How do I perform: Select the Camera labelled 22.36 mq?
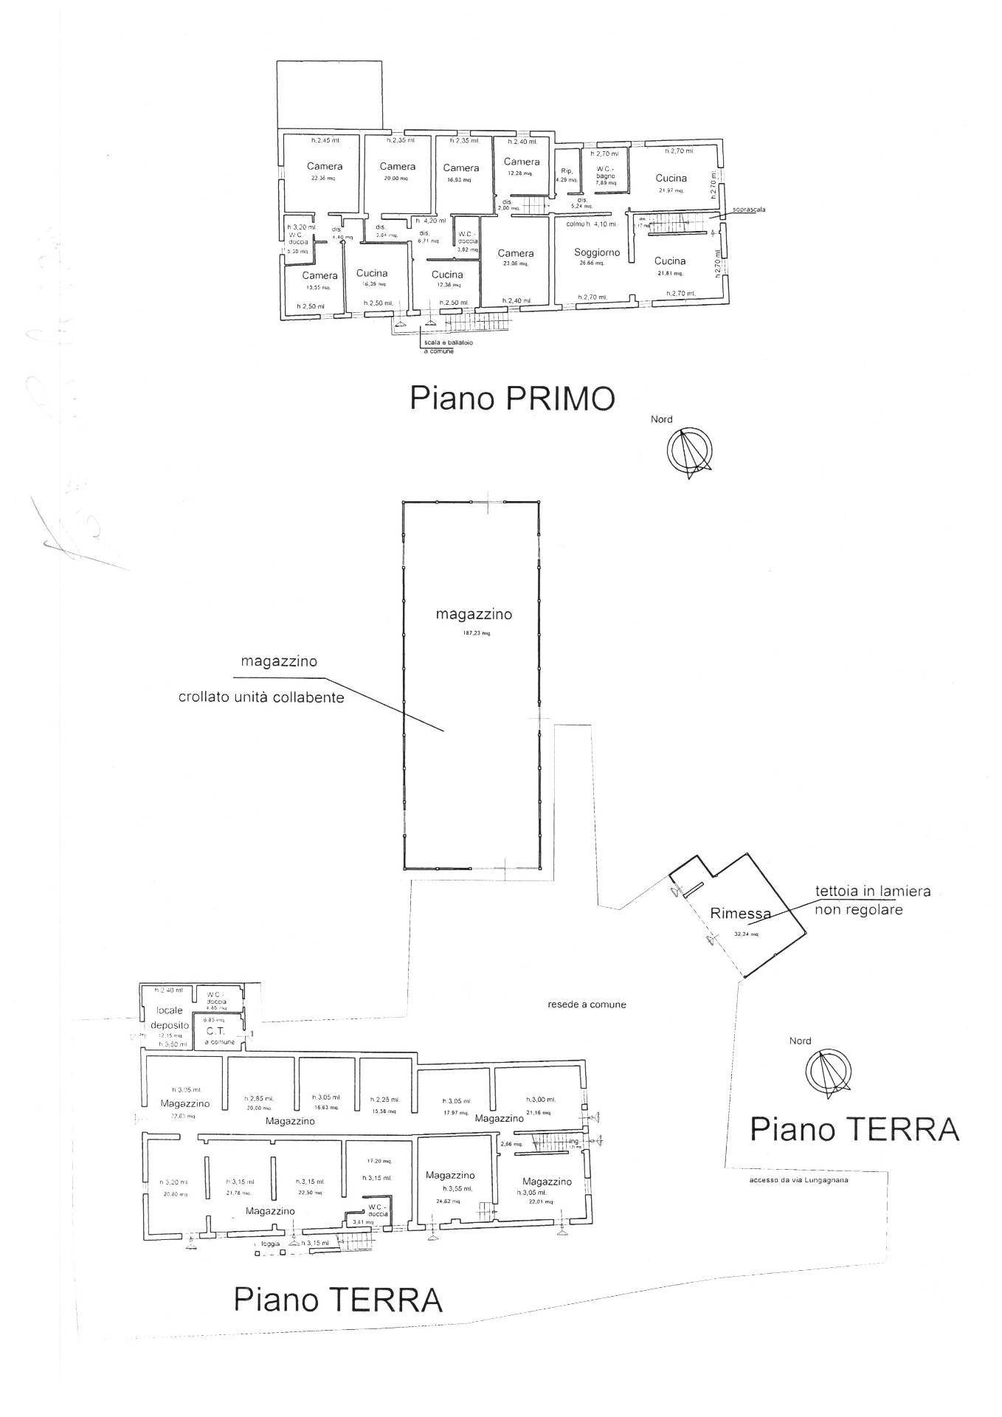click(325, 167)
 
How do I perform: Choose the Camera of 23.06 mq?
click(515, 254)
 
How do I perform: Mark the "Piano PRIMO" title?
click(512, 399)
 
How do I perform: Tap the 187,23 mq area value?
click(475, 632)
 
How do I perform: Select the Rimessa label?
click(740, 913)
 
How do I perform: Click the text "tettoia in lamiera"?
click(872, 891)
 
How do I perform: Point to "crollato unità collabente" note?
click(261, 697)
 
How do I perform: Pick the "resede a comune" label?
click(587, 1004)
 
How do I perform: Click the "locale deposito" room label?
click(170, 1018)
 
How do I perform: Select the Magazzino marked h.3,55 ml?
click(450, 1176)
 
